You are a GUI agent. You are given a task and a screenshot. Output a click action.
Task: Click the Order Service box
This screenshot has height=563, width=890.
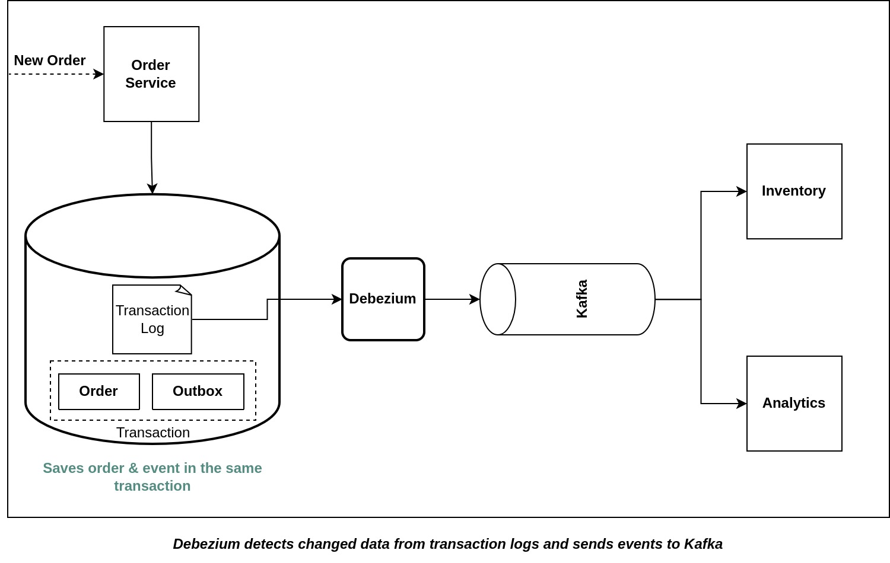point(151,74)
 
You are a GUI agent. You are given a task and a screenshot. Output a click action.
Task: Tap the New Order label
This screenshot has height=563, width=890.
point(50,60)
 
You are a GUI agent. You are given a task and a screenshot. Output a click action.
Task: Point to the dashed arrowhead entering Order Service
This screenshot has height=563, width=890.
point(99,74)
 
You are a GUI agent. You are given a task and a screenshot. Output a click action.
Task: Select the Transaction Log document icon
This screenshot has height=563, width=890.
point(152,320)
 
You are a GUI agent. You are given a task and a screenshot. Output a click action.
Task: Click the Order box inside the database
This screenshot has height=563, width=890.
point(99,391)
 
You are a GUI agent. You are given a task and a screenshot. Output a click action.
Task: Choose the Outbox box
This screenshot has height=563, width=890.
point(198,391)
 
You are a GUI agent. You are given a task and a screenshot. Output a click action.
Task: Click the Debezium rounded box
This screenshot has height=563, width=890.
point(383,299)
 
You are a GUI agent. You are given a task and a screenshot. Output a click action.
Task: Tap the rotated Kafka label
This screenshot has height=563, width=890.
point(582,299)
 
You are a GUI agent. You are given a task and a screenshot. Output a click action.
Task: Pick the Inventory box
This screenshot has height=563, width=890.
point(794,191)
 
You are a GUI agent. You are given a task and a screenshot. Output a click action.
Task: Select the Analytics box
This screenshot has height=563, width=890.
point(794,404)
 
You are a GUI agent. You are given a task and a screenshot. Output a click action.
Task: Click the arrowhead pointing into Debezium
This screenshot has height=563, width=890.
point(337,299)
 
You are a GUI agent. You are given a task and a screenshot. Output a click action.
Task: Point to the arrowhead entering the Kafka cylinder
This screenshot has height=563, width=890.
point(475,299)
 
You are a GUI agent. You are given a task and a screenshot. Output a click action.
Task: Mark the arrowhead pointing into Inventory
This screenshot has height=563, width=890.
point(742,191)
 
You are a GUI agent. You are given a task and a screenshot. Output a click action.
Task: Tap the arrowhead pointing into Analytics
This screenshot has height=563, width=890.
point(742,404)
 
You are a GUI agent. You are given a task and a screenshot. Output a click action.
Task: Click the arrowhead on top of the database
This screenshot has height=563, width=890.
point(152,188)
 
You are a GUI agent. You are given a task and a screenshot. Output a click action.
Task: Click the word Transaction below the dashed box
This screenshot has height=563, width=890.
point(153,433)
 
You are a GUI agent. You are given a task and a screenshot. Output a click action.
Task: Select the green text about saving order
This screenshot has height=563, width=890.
point(152,477)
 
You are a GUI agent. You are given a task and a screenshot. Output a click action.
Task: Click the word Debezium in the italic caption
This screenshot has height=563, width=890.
point(206,544)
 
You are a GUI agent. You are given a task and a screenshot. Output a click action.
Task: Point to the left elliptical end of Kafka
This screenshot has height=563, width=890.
point(498,299)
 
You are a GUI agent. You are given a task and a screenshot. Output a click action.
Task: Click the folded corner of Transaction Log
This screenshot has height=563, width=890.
point(185,290)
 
